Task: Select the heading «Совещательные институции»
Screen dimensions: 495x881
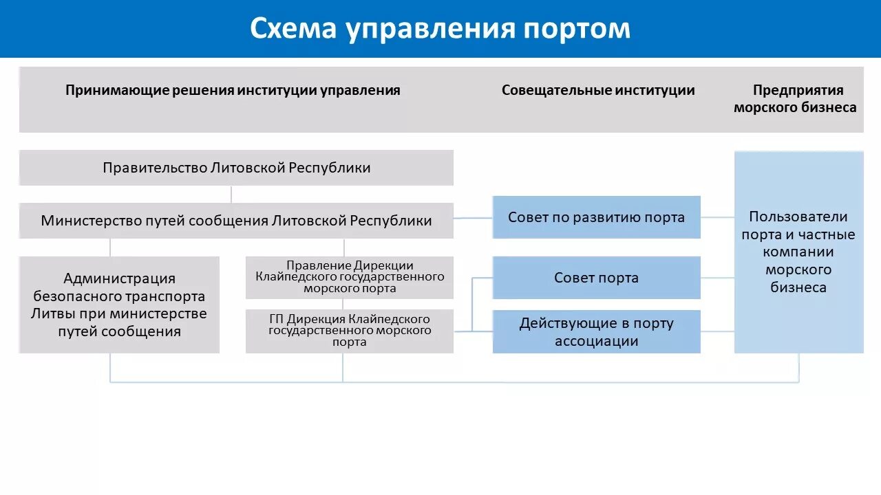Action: [597, 90]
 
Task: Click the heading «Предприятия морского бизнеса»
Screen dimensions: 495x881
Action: [798, 98]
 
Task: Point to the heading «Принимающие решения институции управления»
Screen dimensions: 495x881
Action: [233, 90]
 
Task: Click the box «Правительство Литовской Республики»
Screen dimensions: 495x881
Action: [236, 168]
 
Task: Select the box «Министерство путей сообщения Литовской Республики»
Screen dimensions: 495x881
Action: [236, 221]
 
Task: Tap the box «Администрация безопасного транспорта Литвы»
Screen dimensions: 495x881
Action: [119, 305]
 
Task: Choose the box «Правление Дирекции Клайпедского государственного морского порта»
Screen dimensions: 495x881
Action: [350, 277]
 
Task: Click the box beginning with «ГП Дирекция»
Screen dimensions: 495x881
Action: [350, 331]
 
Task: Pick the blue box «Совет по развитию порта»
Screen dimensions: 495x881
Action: [596, 217]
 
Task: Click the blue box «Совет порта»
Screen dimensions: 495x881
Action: [596, 278]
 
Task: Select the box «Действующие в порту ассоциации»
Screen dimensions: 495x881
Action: [596, 332]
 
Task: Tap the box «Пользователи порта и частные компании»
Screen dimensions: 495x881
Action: [798, 252]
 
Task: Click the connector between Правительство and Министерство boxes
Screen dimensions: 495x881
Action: [231, 194]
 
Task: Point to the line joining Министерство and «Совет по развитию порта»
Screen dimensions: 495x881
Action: [473, 218]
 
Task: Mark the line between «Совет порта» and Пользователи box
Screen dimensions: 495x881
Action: [717, 278]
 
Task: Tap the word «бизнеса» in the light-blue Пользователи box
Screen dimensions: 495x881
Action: [798, 287]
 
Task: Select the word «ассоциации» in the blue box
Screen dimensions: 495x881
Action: [596, 341]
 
